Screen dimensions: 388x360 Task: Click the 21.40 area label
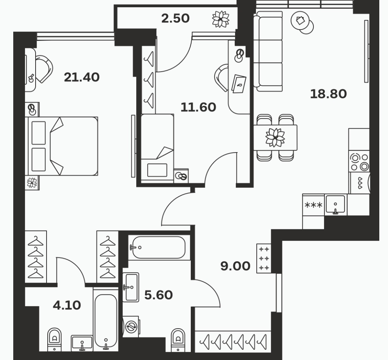tap(82, 77)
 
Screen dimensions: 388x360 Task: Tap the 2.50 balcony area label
tap(175, 18)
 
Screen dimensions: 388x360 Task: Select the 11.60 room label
tap(198, 107)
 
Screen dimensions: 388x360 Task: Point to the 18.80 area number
tap(328, 94)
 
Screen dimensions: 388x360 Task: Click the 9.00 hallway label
tap(235, 266)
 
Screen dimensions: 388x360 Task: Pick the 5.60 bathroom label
tap(158, 295)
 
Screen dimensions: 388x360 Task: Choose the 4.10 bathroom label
tap(67, 305)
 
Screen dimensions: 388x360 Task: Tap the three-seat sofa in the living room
tap(268, 51)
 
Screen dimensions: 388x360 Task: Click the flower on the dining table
tap(275, 137)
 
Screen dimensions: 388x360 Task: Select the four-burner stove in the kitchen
tap(359, 162)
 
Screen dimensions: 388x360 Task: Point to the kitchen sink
tap(335, 204)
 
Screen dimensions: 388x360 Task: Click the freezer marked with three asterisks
tap(313, 205)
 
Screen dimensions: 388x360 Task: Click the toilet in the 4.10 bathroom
tap(55, 340)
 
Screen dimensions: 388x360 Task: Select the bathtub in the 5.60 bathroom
tap(159, 248)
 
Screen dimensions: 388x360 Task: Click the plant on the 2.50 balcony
tap(220, 19)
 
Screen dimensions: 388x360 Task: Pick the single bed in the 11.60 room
tap(157, 148)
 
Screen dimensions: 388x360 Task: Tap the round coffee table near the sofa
tap(302, 23)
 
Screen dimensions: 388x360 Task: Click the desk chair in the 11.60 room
tap(221, 78)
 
